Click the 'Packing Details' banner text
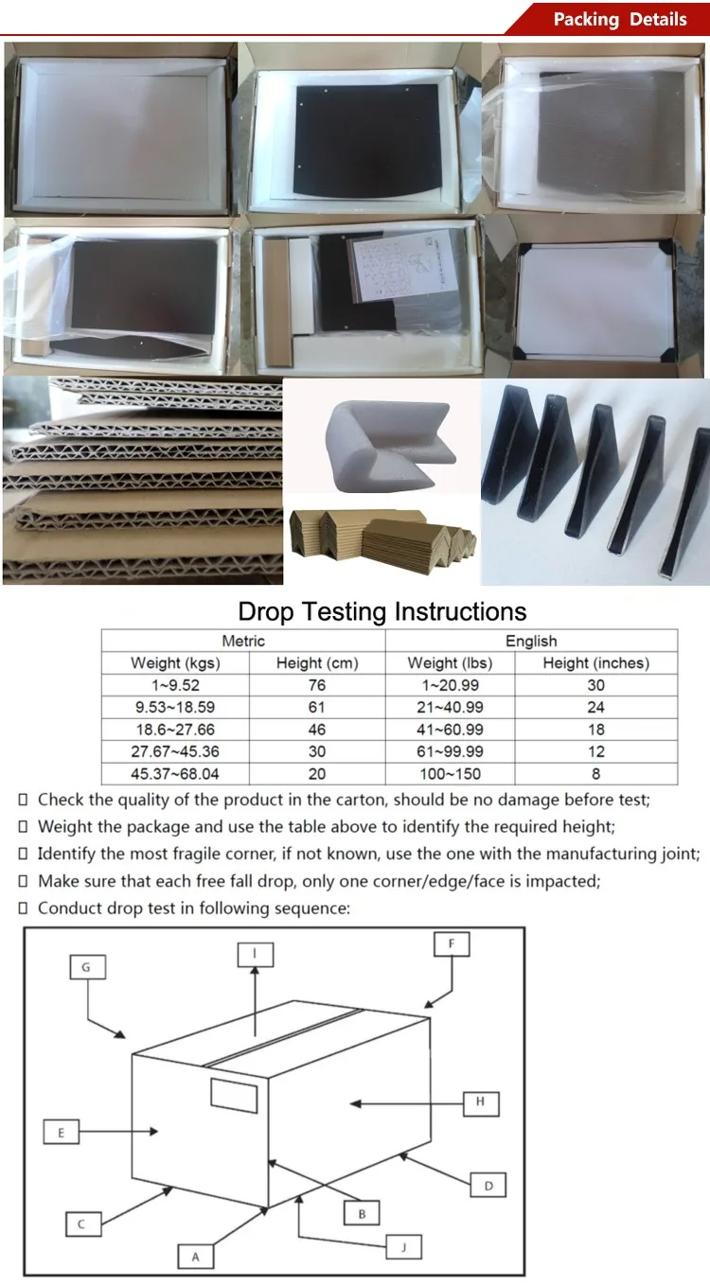tap(620, 20)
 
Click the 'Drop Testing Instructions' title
tap(382, 612)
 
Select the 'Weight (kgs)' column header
tap(176, 663)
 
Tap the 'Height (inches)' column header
tap(596, 663)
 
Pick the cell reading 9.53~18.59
tap(175, 707)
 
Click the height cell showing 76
tap(317, 685)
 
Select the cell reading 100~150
tap(451, 774)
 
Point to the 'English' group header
tap(531, 641)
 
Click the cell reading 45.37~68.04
tap(175, 774)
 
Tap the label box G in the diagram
tap(88, 967)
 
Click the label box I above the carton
tap(256, 954)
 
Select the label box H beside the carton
tap(481, 1103)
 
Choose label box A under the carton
tap(196, 1257)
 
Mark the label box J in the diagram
tap(404, 1246)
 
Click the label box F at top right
tap(452, 943)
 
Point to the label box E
tap(62, 1132)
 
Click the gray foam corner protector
tap(391, 446)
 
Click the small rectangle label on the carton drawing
tap(234, 1096)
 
